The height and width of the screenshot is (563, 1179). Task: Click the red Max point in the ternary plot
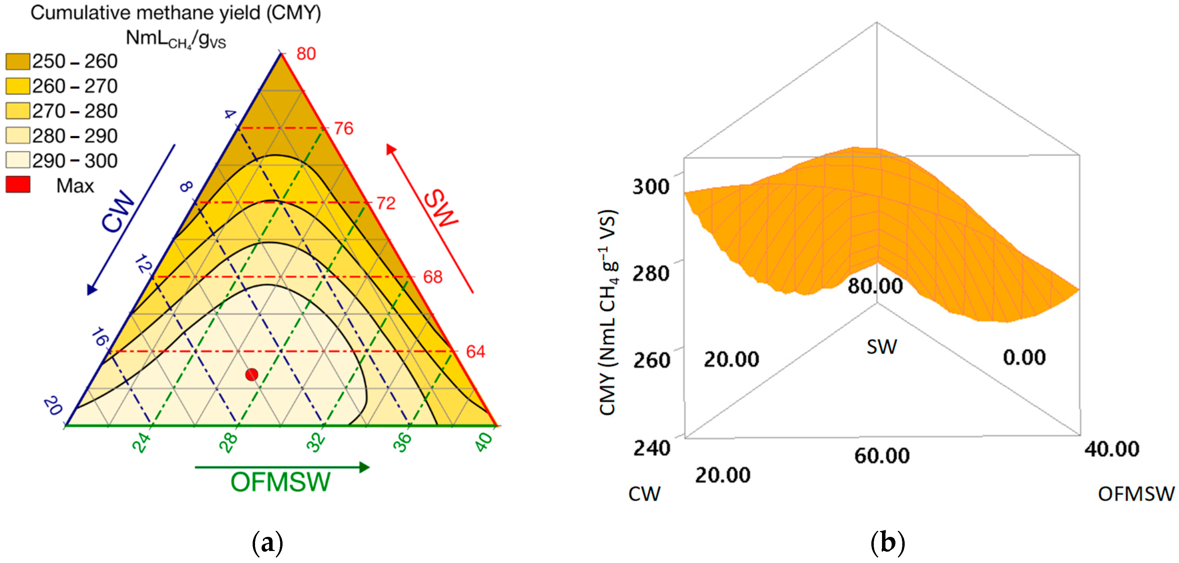coord(252,374)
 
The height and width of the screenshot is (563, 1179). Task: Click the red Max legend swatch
coord(18,184)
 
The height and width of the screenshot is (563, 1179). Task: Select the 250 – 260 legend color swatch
coord(18,61)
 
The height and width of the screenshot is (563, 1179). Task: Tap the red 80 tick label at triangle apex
coord(306,54)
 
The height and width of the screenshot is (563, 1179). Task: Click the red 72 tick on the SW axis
coord(385,203)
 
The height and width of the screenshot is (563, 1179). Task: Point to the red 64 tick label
coord(475,352)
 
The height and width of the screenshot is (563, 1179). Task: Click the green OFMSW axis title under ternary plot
coord(280,482)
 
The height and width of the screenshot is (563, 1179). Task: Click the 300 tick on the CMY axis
coord(650,187)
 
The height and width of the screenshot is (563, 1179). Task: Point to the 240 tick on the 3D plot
coord(651,448)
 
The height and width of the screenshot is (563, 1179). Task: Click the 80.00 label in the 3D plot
coord(875,286)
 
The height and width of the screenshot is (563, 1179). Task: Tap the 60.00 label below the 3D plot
coord(882,456)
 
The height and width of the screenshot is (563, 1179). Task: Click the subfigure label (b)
coord(888,543)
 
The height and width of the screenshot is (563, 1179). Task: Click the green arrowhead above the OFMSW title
coord(364,467)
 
